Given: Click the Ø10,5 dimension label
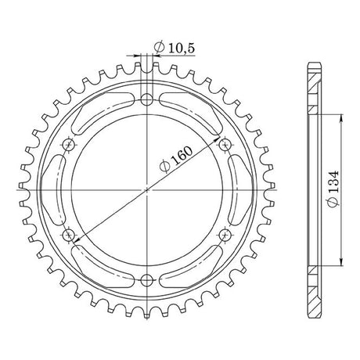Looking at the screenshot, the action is tap(175, 48).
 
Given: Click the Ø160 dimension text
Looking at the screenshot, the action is tap(177, 160).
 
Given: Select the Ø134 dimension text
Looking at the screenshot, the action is tap(333, 189).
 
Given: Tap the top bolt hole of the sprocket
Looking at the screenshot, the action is tap(147, 99).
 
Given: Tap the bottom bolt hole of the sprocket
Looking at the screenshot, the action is tap(147, 280).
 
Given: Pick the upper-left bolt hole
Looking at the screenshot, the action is tap(69, 144).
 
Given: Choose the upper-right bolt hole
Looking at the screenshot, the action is tap(225, 144).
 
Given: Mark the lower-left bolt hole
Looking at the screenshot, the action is tap(69, 236).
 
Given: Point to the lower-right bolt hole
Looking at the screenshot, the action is tap(225, 236).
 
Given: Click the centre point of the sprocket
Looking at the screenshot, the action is tap(147, 190).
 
